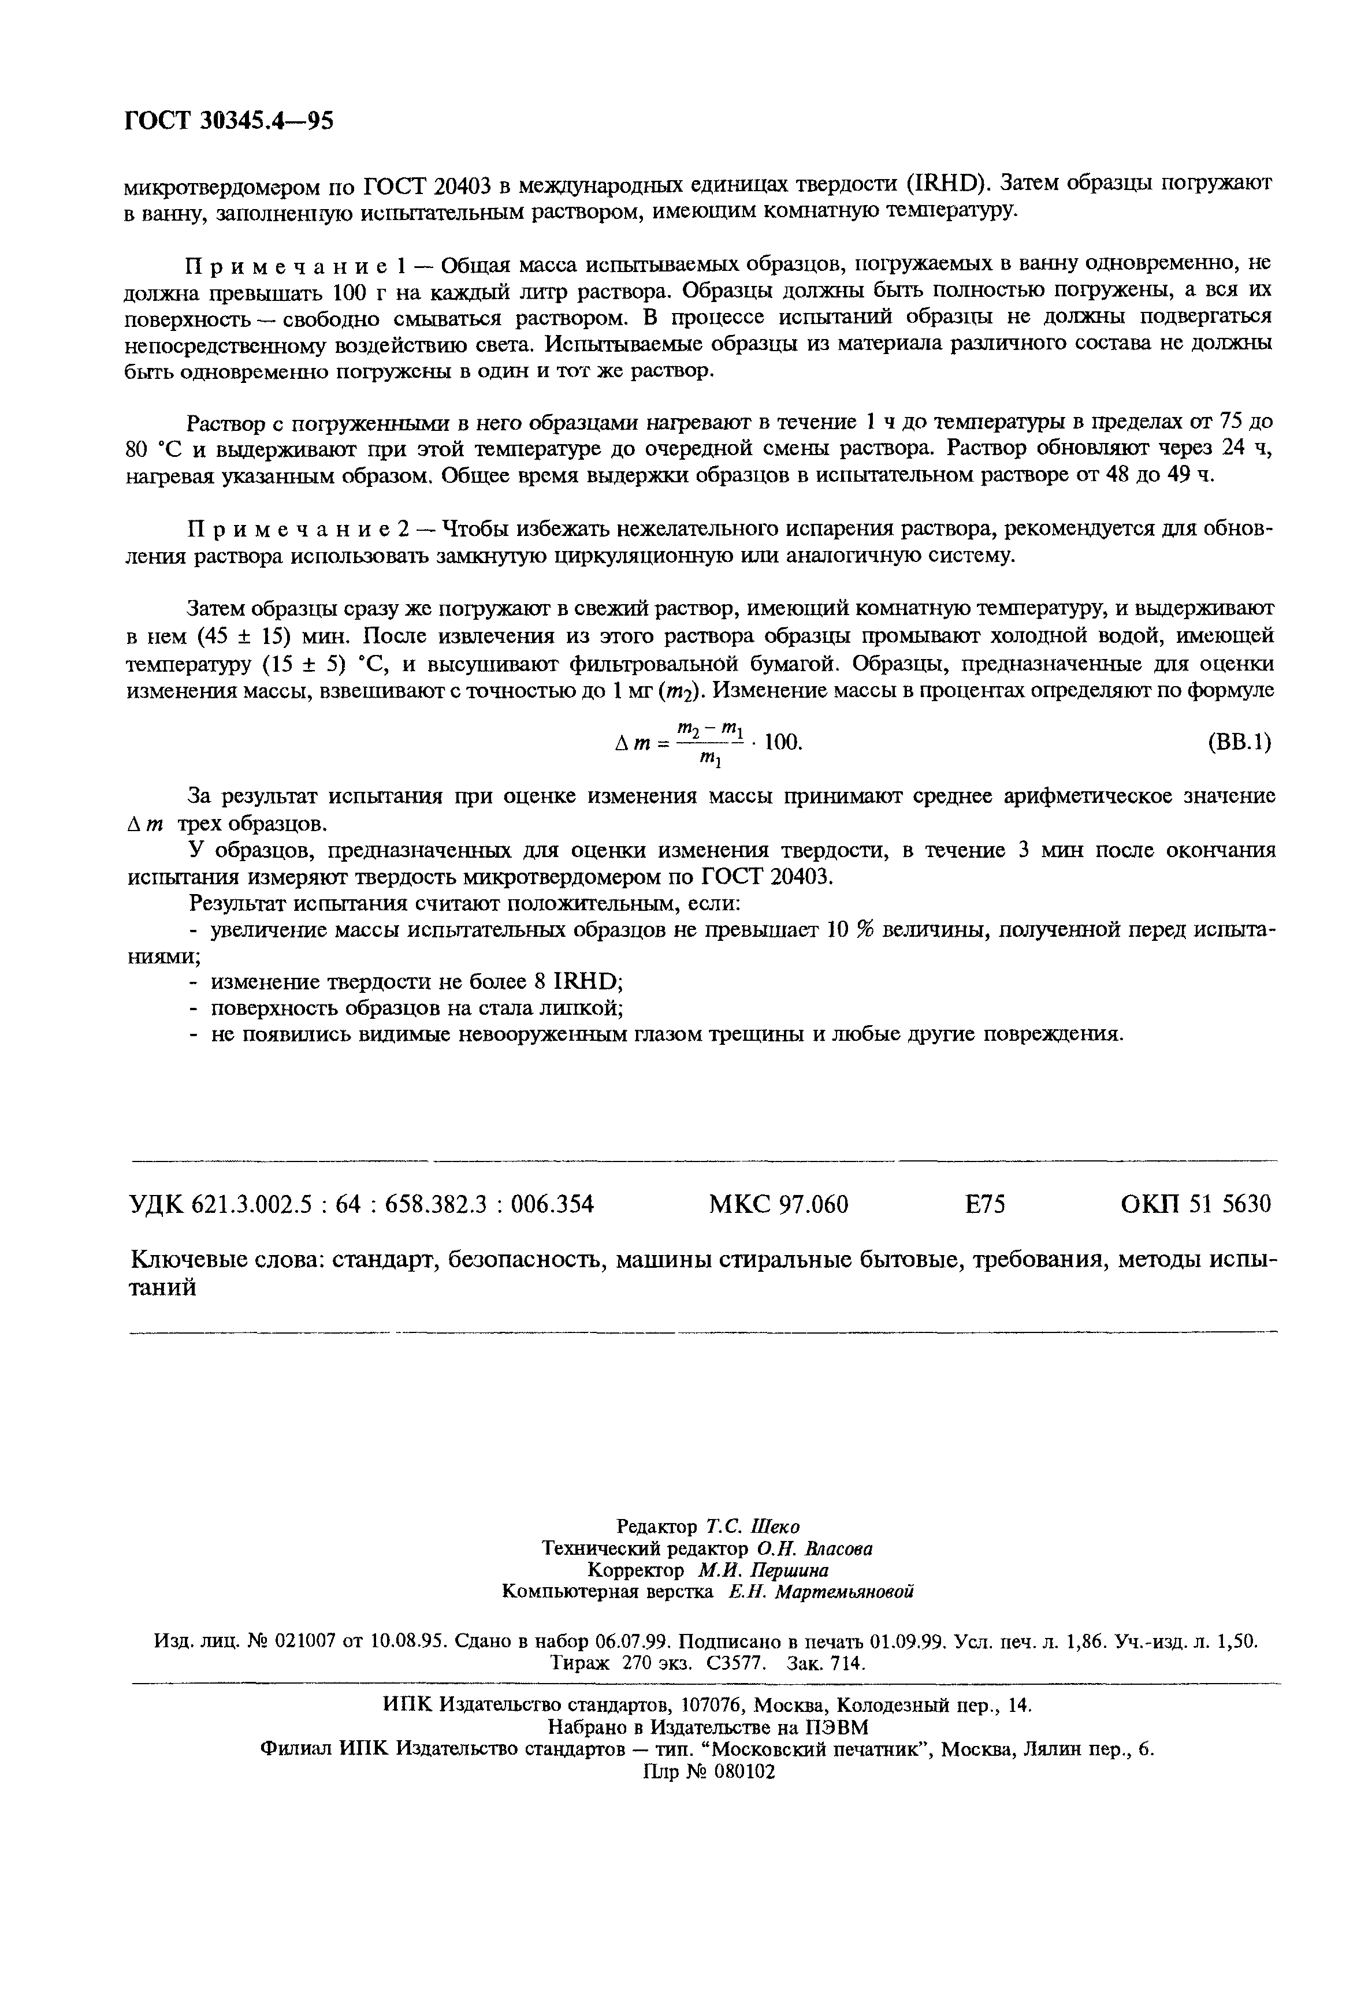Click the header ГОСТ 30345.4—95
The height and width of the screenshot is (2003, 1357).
coord(228,121)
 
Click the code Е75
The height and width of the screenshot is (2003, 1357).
coord(984,1204)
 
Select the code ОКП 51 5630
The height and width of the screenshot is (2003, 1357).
coord(1195,1204)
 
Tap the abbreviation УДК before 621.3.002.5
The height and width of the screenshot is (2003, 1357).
coord(157,1204)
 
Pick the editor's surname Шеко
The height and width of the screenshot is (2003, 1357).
coord(777,1527)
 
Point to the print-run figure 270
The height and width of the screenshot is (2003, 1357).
coord(634,1663)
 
